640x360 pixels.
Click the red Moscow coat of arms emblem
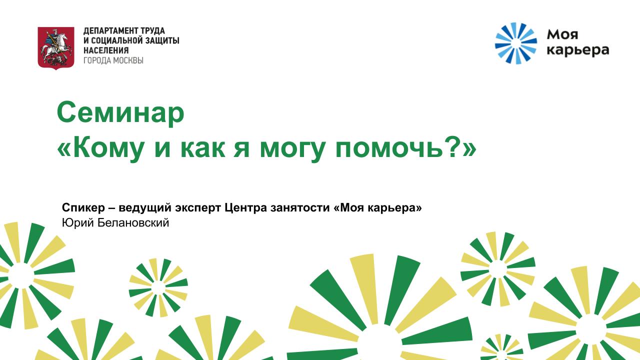[56, 48]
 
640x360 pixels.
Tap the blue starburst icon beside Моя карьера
[515, 43]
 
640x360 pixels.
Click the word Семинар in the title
[120, 113]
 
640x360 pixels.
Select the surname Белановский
[133, 222]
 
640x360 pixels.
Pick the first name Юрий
[77, 223]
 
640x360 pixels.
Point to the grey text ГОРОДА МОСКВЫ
[113, 60]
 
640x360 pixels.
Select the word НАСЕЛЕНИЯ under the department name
[106, 50]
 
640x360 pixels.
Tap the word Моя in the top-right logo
[562, 35]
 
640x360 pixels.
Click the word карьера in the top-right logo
[577, 50]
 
